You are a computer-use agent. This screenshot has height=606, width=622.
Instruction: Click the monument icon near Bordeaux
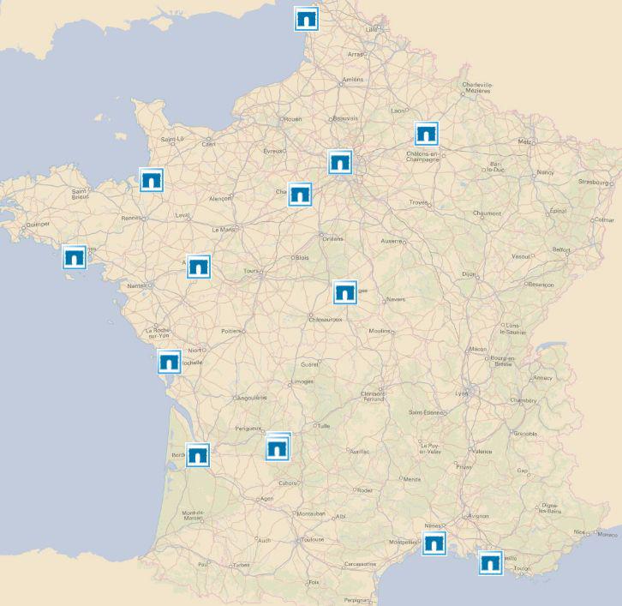pos(198,454)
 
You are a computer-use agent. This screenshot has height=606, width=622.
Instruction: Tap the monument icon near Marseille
pos(490,562)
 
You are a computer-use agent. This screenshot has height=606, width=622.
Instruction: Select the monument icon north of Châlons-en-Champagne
pos(427,134)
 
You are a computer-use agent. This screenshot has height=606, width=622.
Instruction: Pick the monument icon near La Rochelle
pos(170,362)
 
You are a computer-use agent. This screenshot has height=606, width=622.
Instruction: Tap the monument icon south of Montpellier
pos(434,543)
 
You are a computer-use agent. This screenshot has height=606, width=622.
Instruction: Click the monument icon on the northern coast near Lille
pos(306,19)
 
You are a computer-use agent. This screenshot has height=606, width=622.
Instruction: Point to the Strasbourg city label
pos(595,182)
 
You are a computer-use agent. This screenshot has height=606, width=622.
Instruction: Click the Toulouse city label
pos(312,540)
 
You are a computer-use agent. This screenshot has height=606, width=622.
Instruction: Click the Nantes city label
pos(135,285)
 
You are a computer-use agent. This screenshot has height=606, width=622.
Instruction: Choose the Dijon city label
pos(468,274)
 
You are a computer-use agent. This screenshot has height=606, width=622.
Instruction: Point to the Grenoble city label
pos(525,434)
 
